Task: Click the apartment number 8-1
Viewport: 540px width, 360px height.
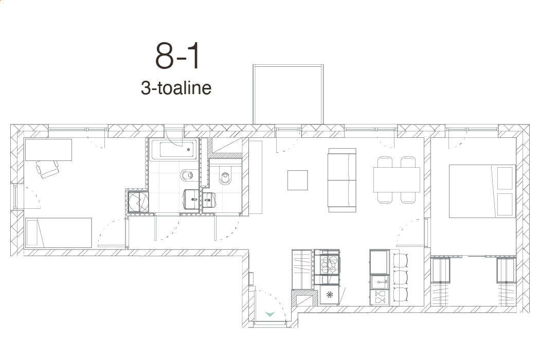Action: coord(177,56)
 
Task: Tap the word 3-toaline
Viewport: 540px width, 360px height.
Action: coord(176,88)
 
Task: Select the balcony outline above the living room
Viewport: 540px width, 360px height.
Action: coord(288,65)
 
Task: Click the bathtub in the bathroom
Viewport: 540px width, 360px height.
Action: coord(174,149)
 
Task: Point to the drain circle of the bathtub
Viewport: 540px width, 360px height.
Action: coord(188,150)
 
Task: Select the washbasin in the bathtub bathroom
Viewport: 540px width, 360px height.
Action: coord(192,199)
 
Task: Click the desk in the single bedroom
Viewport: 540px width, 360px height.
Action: coord(48,150)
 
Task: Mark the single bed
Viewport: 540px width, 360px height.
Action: coord(59,232)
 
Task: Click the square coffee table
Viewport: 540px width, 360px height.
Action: coord(298,180)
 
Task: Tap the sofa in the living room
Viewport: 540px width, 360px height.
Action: coord(342,180)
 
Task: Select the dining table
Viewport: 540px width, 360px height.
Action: coord(397,179)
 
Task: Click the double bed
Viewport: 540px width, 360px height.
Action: coord(482,191)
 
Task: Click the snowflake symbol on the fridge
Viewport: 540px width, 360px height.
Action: coord(330,295)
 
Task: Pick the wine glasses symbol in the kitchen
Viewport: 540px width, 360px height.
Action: coord(380,297)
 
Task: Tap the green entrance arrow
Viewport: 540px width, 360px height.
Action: coord(270,314)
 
